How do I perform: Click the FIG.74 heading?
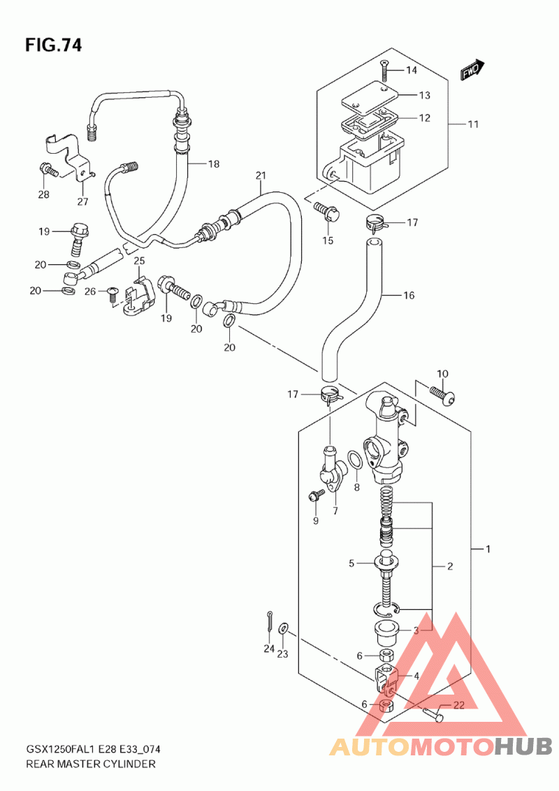[53, 45]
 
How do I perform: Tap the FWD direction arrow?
[472, 70]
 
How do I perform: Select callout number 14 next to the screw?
[412, 70]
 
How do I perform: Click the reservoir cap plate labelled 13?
[370, 96]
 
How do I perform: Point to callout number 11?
[473, 124]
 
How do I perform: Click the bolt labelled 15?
[327, 211]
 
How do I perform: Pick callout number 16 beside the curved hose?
[409, 295]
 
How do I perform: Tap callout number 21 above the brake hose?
[261, 175]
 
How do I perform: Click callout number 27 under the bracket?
[82, 202]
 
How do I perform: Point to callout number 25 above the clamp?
[139, 261]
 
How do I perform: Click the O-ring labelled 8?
[355, 461]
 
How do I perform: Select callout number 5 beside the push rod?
[351, 563]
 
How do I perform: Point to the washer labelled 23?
[284, 628]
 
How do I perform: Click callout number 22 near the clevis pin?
[458, 705]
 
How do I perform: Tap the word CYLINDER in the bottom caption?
[129, 764]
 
